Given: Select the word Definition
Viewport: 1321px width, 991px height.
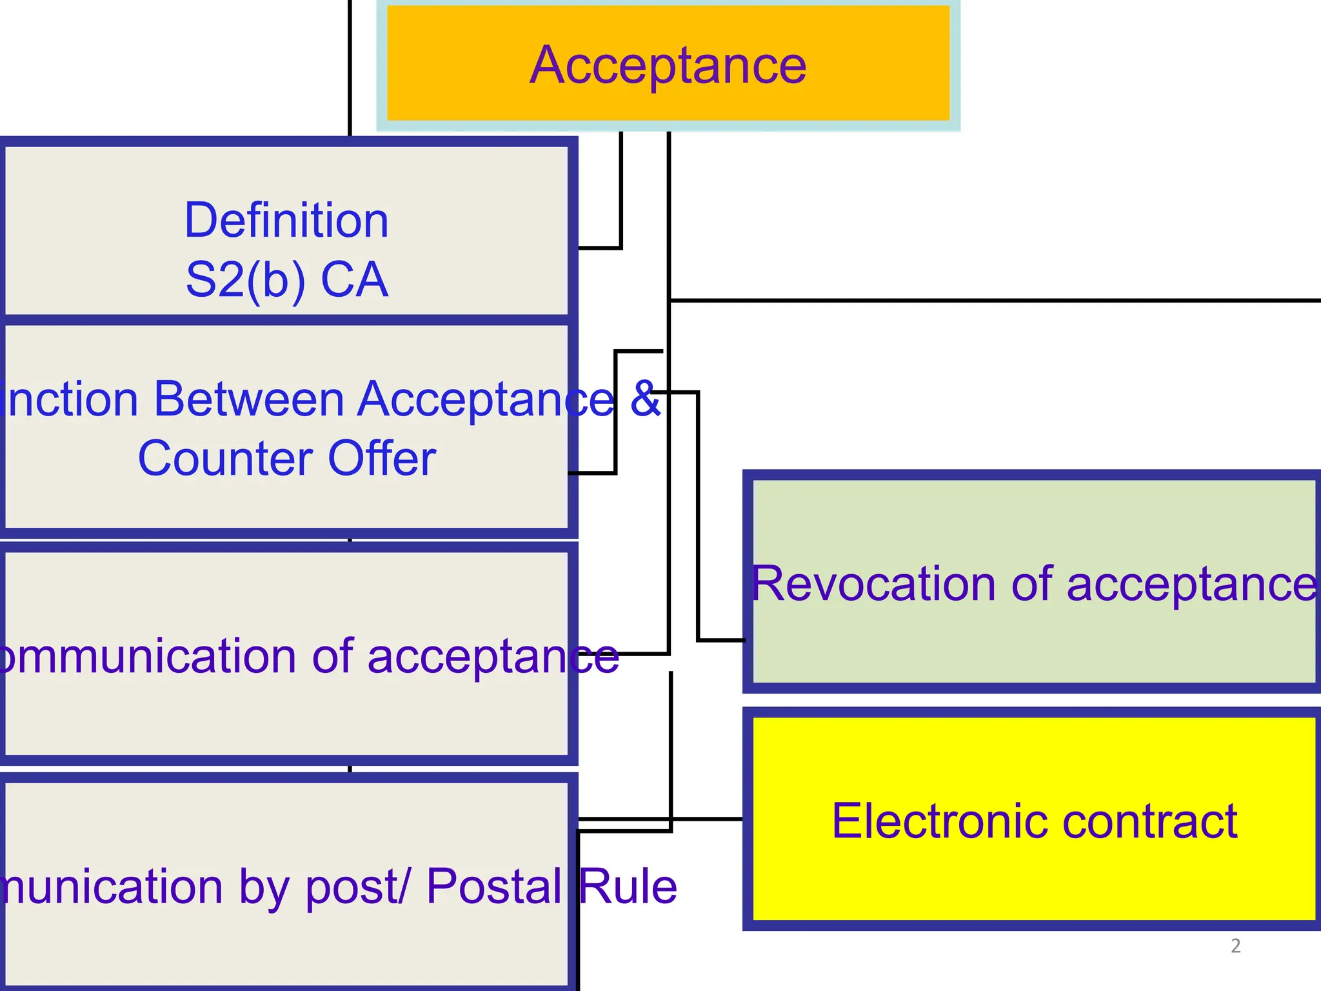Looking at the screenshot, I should (x=286, y=220).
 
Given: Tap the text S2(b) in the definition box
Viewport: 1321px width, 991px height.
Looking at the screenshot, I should (x=245, y=280).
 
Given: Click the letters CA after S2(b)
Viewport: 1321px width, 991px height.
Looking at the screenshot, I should (x=354, y=280).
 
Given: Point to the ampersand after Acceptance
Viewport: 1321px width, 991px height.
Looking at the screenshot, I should (x=645, y=398).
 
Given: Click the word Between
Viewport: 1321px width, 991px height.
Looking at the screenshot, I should (x=249, y=399).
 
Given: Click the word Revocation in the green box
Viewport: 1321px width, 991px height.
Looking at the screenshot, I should (x=874, y=584).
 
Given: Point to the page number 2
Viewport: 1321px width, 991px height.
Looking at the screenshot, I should (x=1235, y=946).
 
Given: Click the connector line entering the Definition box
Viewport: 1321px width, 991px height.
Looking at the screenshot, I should (x=600, y=248).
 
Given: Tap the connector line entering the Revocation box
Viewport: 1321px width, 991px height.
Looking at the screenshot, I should (x=721, y=640).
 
